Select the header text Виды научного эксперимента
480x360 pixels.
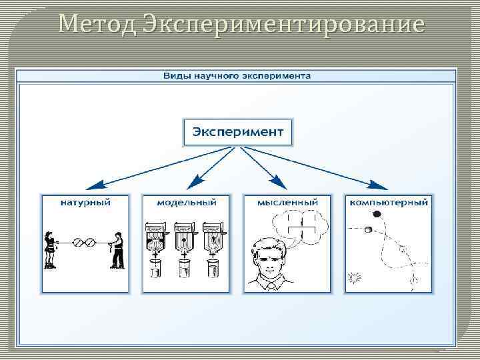(x=237, y=76)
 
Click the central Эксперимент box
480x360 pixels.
(x=237, y=132)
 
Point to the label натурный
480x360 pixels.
(x=85, y=201)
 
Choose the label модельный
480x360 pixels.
(x=186, y=201)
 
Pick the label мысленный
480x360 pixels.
(x=287, y=201)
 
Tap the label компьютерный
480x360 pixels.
(x=388, y=201)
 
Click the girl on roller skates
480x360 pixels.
(x=49, y=249)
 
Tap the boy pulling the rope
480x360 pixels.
(x=117, y=249)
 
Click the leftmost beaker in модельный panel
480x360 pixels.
(x=155, y=270)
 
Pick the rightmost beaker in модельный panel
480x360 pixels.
(x=214, y=270)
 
